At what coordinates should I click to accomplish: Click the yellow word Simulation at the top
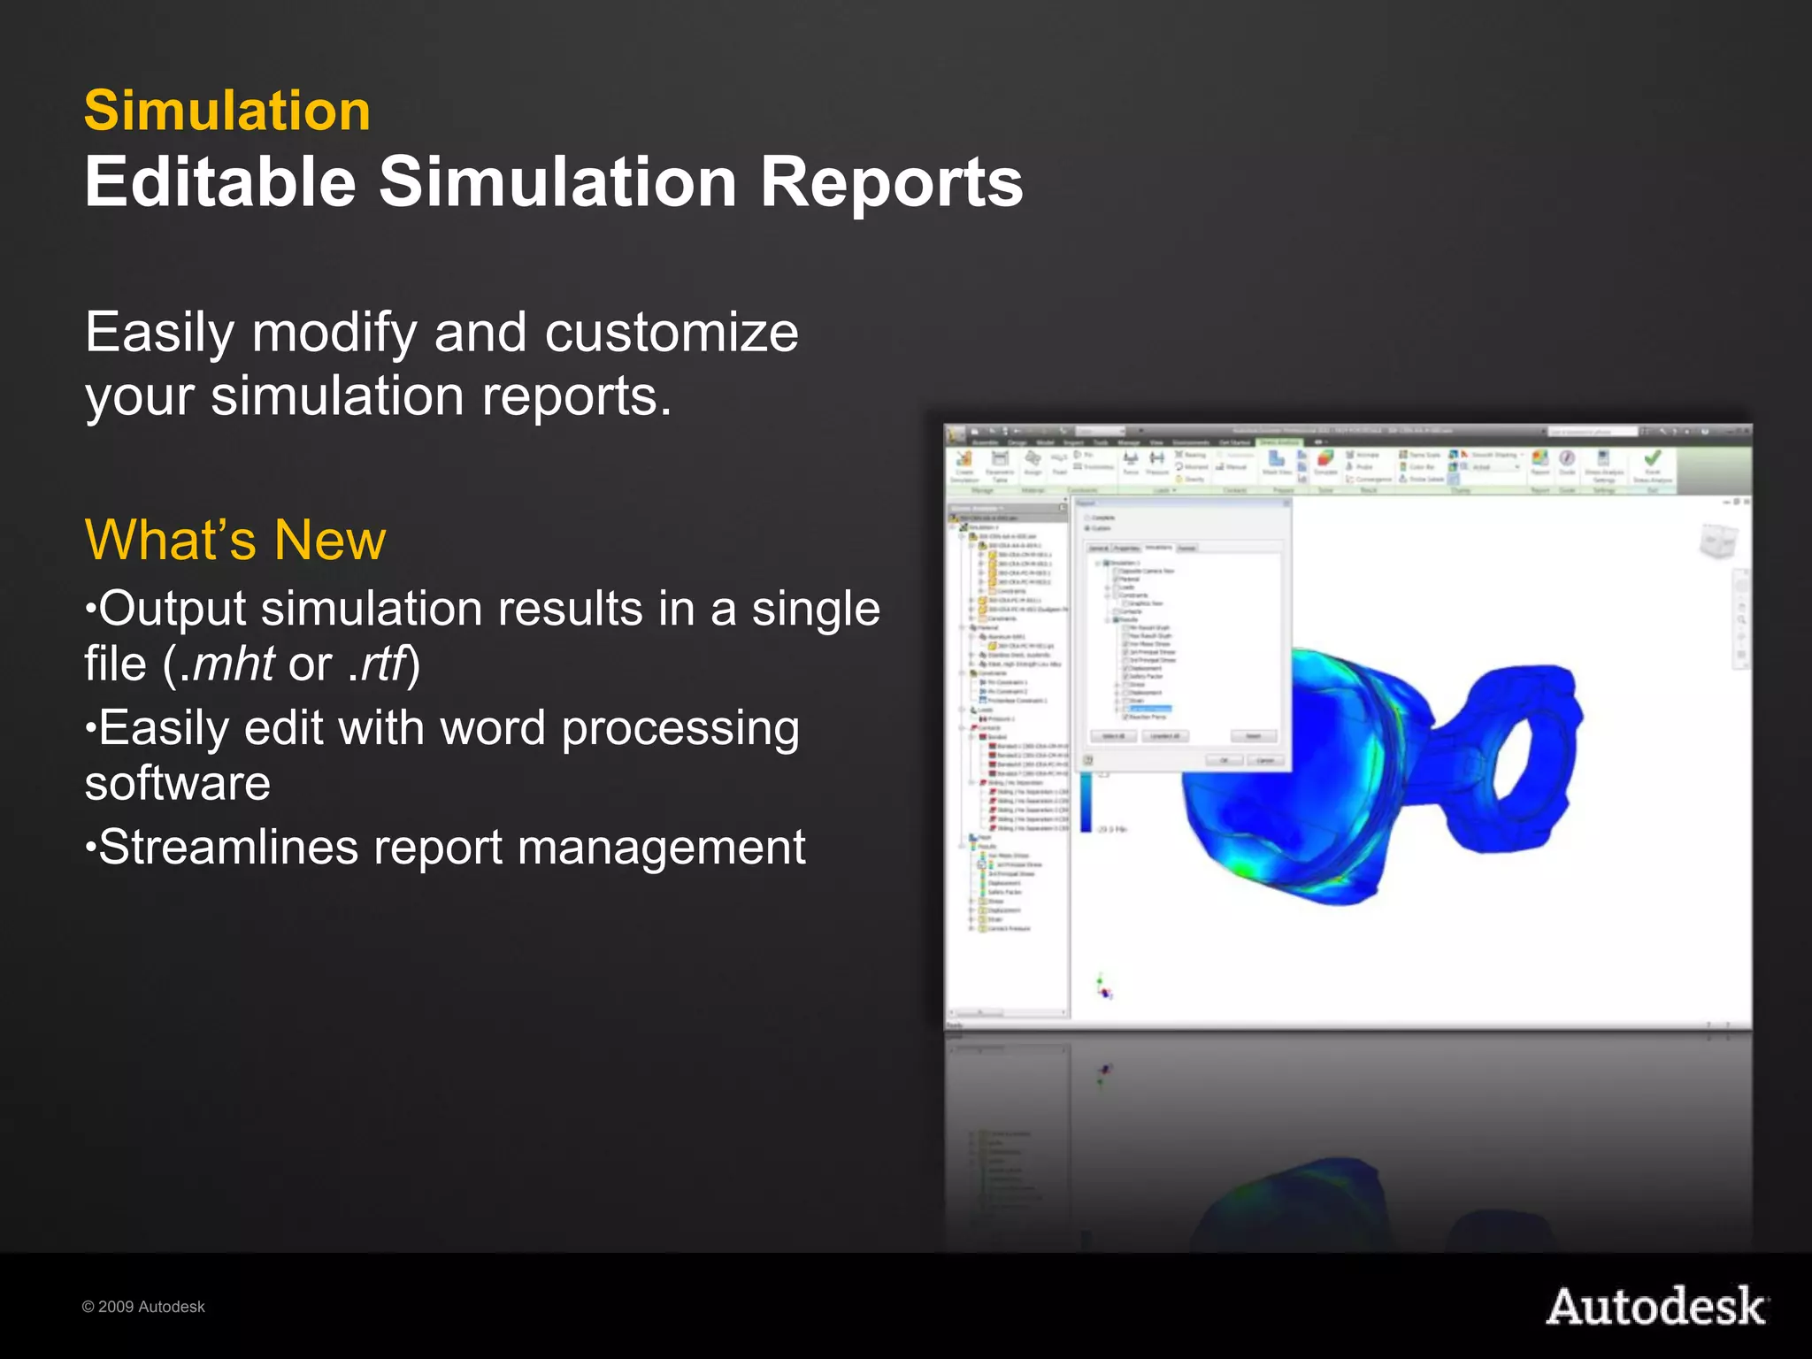coord(227,111)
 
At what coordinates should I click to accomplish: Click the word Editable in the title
coord(220,182)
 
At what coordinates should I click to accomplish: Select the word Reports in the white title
coord(891,182)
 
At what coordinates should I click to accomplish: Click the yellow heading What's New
coord(235,540)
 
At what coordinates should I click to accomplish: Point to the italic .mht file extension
coord(227,664)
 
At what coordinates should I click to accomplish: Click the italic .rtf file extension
coord(378,664)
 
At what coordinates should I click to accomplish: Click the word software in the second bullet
coord(178,783)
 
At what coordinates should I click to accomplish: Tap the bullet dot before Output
coord(89,610)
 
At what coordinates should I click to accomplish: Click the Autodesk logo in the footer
coord(1656,1307)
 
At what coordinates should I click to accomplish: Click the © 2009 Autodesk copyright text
coord(143,1307)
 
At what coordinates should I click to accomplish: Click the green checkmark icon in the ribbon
coord(1652,458)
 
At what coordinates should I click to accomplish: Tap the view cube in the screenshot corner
coord(1718,540)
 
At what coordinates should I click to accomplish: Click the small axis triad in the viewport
coord(1103,987)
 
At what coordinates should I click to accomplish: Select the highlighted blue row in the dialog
coord(1150,709)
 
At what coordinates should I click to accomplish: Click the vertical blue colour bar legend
coord(1086,801)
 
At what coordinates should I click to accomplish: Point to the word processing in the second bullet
coord(679,729)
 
